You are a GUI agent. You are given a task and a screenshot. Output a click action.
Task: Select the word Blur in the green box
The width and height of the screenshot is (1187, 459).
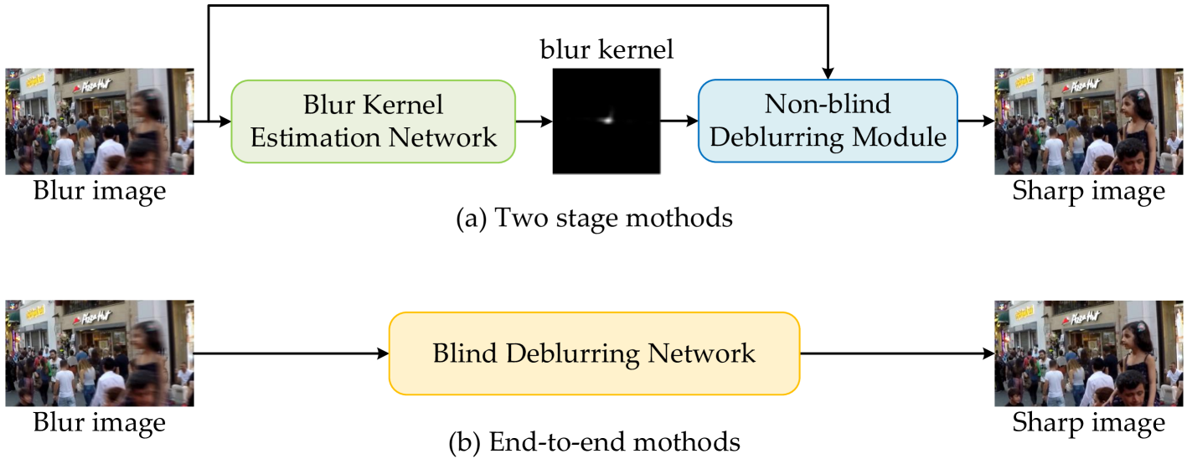(x=329, y=106)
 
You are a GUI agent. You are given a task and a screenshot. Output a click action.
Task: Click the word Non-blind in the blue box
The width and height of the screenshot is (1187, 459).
(x=827, y=104)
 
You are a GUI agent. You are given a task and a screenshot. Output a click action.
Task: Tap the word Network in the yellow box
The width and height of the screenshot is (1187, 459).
(x=701, y=353)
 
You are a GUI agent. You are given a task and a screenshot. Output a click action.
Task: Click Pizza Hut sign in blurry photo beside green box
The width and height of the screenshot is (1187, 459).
(x=94, y=85)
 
